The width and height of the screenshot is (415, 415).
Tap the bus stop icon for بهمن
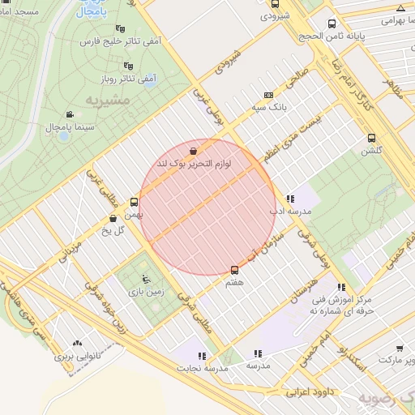[134, 202]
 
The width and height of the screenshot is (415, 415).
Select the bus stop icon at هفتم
[235, 269]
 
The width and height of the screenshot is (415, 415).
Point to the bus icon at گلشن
[372, 138]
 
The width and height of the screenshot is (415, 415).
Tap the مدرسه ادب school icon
[290, 199]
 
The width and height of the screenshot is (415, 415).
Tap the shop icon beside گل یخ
[113, 218]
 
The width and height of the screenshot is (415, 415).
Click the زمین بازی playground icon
[146, 280]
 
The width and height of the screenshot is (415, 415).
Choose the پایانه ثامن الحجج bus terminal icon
[332, 24]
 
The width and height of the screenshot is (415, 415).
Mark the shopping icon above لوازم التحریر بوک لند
[193, 152]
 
